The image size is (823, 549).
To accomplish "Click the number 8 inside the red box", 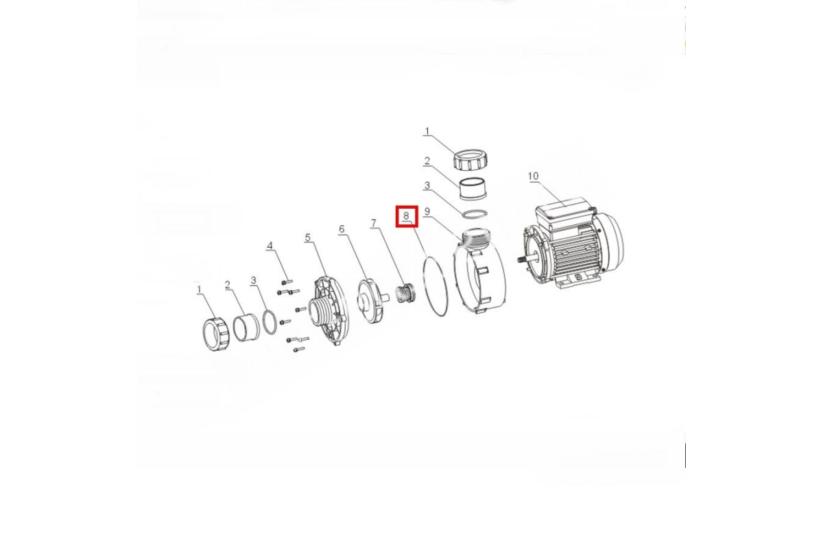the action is (x=406, y=216).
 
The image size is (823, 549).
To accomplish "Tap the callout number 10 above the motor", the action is (x=533, y=176).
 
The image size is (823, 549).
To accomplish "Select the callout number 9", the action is (x=427, y=211).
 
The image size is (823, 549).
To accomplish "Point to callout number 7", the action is (x=374, y=223).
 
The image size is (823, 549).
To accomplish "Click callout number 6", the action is (x=342, y=229).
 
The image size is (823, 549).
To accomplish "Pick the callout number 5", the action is (x=307, y=237).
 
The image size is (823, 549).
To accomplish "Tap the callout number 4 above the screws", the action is (x=270, y=246).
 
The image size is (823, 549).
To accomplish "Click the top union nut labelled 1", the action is (x=470, y=160).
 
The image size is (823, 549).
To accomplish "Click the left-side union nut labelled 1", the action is (x=216, y=334).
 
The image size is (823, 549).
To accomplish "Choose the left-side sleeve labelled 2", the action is (x=246, y=327).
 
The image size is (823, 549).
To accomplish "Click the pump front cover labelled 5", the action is (x=330, y=311).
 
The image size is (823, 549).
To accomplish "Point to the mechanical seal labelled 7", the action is (x=405, y=293).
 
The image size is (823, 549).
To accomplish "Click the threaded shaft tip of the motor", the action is (x=521, y=259).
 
